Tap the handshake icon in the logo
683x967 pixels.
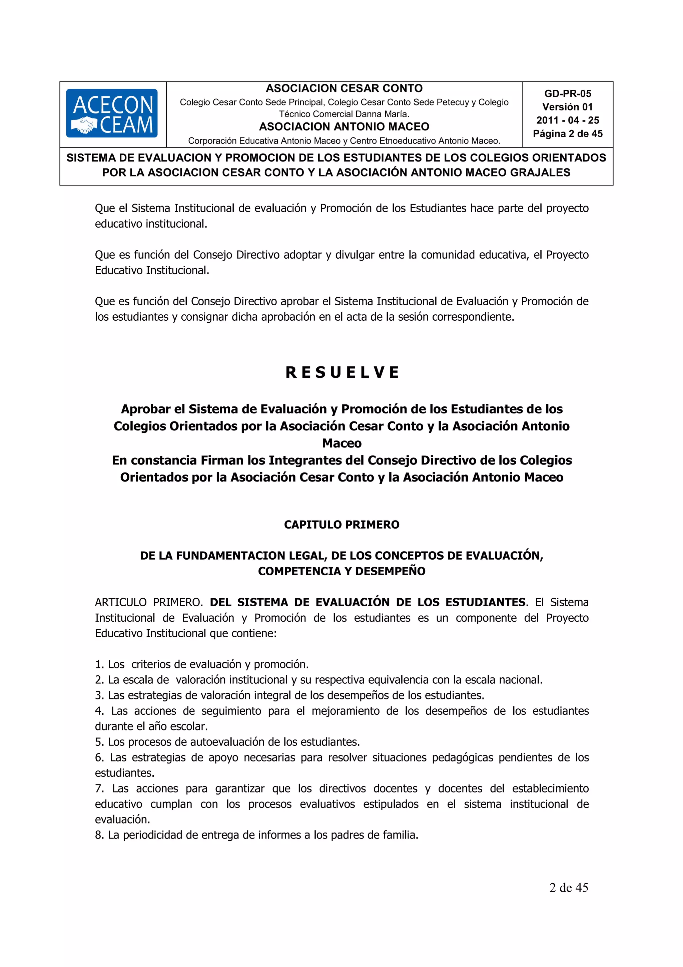coord(84,125)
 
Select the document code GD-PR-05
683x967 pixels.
coord(567,93)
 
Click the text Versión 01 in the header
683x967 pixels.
coord(567,107)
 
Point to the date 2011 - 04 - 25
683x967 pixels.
coord(567,120)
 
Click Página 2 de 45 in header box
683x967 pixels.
coord(567,133)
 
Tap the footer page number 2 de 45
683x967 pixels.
coord(568,887)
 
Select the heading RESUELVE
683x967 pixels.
coord(342,372)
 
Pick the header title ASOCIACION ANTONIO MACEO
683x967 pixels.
coord(344,126)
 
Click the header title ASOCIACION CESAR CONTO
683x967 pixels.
coord(344,88)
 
